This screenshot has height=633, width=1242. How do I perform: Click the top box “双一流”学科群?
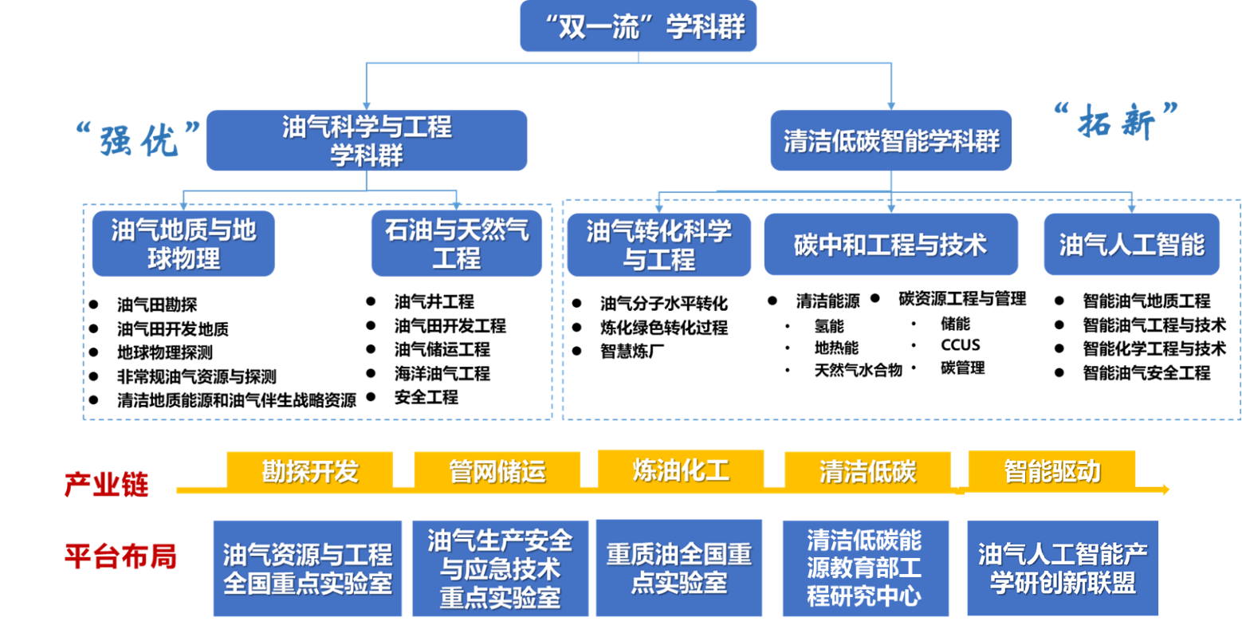pos(638,26)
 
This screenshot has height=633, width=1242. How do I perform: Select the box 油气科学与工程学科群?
pos(367,140)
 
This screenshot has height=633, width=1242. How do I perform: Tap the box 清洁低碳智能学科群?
pos(890,141)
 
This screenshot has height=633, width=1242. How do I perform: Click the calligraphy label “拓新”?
pos(1115,120)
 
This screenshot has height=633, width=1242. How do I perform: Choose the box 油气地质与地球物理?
pos(183,244)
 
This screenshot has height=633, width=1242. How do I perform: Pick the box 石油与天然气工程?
pos(457,244)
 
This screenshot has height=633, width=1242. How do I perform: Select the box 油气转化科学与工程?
pos(658,245)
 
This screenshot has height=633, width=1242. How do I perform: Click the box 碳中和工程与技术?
pos(890,245)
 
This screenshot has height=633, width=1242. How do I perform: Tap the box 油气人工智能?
pos(1131,245)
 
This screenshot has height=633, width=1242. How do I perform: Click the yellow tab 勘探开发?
pos(310,470)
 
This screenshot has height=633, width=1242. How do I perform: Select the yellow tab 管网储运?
pos(497,470)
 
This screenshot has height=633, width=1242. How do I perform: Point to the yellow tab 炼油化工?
pos(681,469)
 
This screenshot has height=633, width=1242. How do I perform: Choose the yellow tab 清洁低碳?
pos(868,470)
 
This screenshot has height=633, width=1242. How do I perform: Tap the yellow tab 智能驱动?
pos(1051,470)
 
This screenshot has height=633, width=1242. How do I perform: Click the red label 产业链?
pos(107,484)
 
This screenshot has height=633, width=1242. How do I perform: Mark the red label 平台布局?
pos(120,556)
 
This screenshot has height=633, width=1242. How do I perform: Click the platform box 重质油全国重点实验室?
pos(679,568)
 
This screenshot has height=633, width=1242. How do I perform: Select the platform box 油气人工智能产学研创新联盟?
pos(1063,568)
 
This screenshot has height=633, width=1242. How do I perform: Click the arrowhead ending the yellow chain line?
pos(1165,489)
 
